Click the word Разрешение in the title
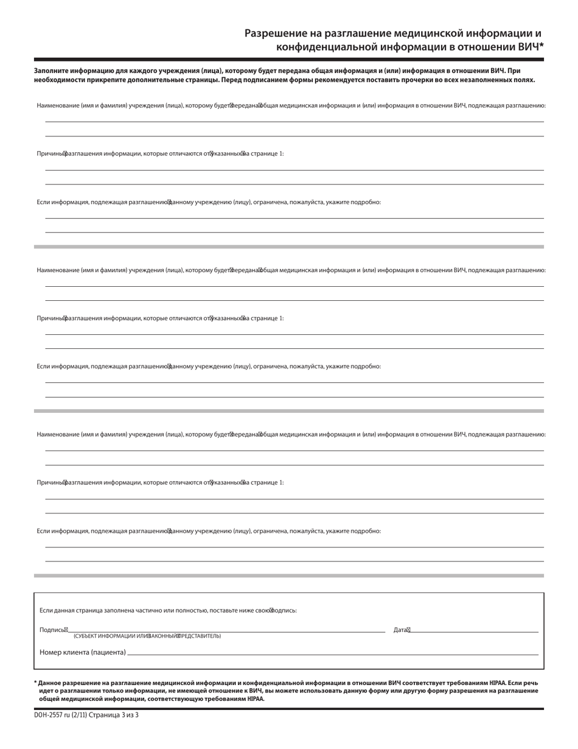pyautogui.click(x=274, y=33)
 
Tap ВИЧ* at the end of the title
pyautogui.click(x=528, y=46)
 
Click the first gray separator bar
pyautogui.click(x=289, y=247)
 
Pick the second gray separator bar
pyautogui.click(x=289, y=411)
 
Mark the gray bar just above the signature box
pyautogui.click(x=289, y=575)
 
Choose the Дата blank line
pyautogui.click(x=475, y=632)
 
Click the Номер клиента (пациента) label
pyautogui.click(x=82, y=652)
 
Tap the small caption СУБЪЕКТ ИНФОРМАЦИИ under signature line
pyautogui.click(x=103, y=636)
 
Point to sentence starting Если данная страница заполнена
pyautogui.click(x=167, y=610)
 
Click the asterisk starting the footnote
pyautogui.click(x=35, y=683)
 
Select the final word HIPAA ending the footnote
pyautogui.click(x=256, y=699)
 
